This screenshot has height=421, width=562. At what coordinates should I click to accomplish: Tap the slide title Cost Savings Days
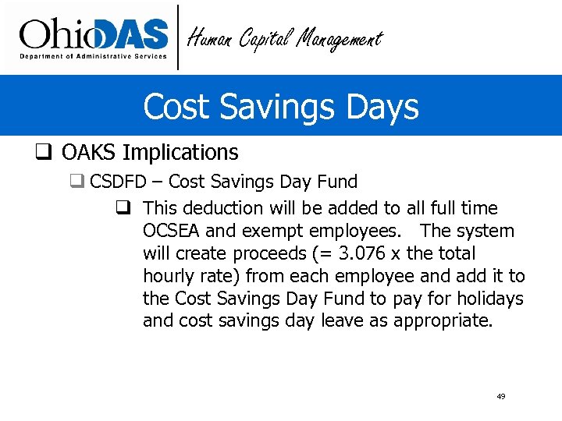pyautogui.click(x=281, y=106)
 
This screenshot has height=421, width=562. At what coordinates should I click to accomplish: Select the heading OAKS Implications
pyautogui.click(x=150, y=152)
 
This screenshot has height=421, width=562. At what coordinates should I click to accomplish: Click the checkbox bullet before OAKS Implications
pyautogui.click(x=44, y=153)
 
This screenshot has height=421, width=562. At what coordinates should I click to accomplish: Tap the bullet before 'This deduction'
pyautogui.click(x=123, y=208)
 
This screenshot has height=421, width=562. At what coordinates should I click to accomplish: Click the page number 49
pyautogui.click(x=500, y=397)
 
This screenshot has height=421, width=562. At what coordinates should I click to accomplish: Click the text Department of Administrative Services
pyautogui.click(x=93, y=56)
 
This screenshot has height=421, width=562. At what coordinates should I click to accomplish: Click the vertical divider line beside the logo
pyautogui.click(x=179, y=37)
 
